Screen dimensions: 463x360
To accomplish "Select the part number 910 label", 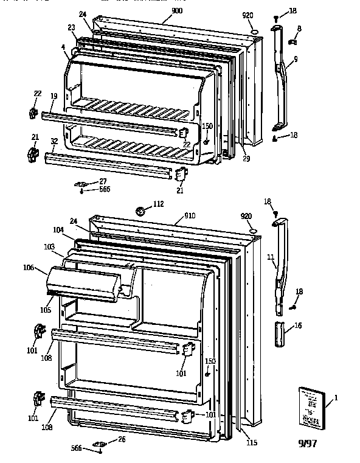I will tap(191, 216).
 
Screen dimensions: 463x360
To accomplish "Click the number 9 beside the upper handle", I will tap(295, 60).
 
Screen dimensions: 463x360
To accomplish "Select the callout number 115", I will tap(251, 443).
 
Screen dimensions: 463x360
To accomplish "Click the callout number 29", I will tap(246, 159).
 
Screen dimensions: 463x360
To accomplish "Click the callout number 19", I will tap(54, 97).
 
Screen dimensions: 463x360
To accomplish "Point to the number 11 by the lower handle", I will tap(270, 258).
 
